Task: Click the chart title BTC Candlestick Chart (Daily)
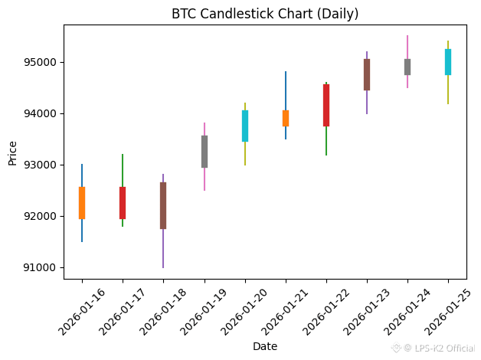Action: pyautogui.click(x=265, y=14)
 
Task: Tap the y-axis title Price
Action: pyautogui.click(x=12, y=152)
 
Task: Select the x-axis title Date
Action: pyautogui.click(x=265, y=346)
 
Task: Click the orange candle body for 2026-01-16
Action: pyautogui.click(x=82, y=203)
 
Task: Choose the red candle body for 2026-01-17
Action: pyautogui.click(x=123, y=203)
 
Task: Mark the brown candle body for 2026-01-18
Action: pyautogui.click(x=163, y=205)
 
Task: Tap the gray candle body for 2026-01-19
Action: pyautogui.click(x=205, y=152)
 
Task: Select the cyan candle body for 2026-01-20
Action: pyautogui.click(x=245, y=126)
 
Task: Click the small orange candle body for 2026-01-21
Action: pyautogui.click(x=286, y=118)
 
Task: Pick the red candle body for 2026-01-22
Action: pyautogui.click(x=326, y=105)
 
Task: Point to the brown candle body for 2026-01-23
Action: pyautogui.click(x=367, y=74)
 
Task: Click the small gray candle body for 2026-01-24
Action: pyautogui.click(x=407, y=67)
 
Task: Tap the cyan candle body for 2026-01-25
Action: pyautogui.click(x=448, y=62)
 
